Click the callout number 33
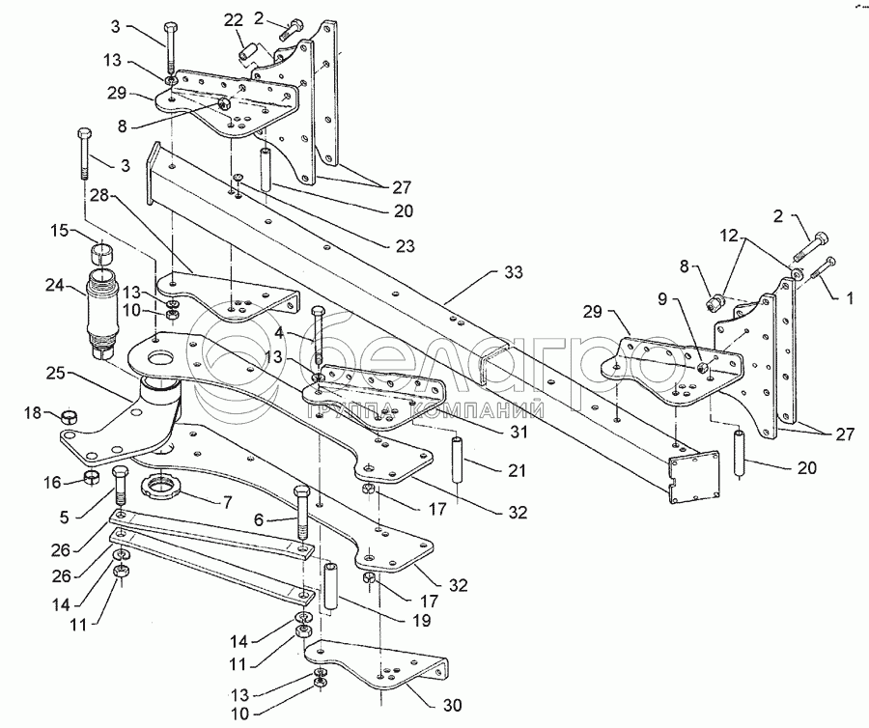click(x=514, y=272)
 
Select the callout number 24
click(x=55, y=287)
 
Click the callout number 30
click(x=452, y=705)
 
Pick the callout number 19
click(x=421, y=620)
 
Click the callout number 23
click(x=406, y=245)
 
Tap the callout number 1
click(x=850, y=298)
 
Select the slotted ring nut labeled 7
click(x=161, y=486)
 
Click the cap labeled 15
click(x=101, y=252)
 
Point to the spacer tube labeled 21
click(x=456, y=460)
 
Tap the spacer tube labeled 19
click(x=331, y=587)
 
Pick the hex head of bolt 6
click(x=301, y=493)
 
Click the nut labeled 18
click(x=69, y=416)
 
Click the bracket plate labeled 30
click(x=377, y=665)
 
